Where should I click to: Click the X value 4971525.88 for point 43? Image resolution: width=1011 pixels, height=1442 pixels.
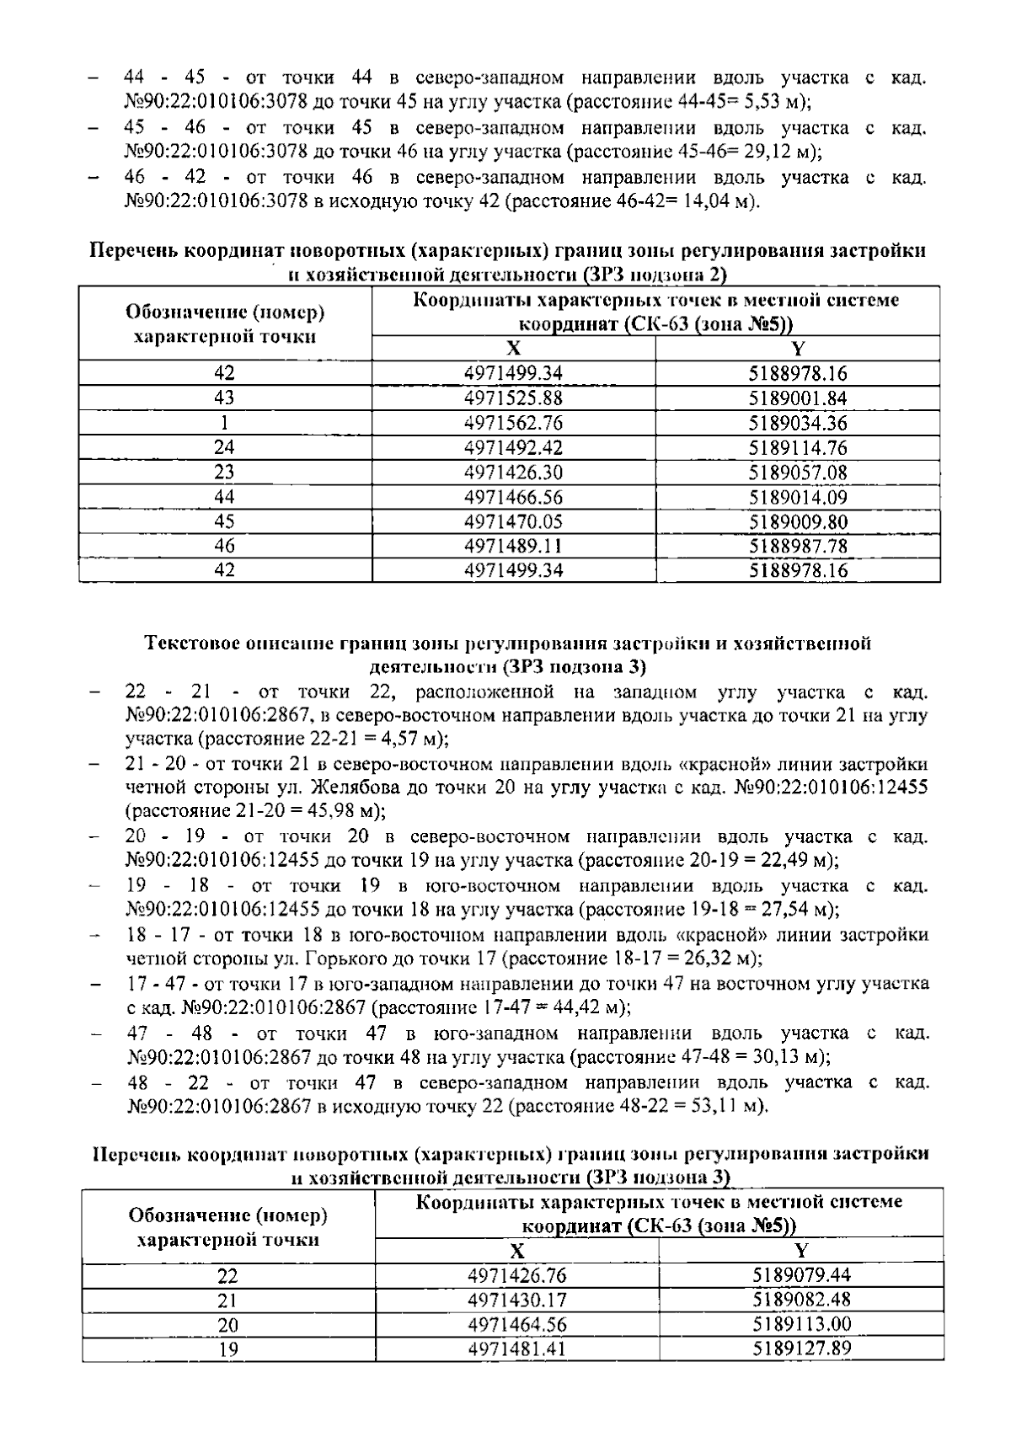(x=513, y=398)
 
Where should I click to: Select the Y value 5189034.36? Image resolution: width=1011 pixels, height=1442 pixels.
(x=798, y=423)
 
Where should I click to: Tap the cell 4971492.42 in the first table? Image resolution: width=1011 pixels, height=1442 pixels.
(x=513, y=447)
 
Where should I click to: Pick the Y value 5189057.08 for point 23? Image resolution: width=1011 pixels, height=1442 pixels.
(x=798, y=472)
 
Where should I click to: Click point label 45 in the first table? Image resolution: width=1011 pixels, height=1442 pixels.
(x=225, y=521)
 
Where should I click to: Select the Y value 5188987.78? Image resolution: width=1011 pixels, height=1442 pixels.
(x=798, y=546)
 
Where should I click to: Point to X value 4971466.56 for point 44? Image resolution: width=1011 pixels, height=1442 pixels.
(x=513, y=497)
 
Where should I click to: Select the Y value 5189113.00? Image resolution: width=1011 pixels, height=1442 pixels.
(x=801, y=1325)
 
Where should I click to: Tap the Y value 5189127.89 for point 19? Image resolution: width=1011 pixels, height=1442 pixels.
(x=801, y=1349)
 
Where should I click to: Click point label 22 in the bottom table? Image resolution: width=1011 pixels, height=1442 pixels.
(x=228, y=1276)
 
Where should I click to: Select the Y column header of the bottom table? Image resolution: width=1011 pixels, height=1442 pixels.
(x=801, y=1250)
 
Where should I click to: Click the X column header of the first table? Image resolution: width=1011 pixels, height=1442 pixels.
(x=513, y=349)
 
